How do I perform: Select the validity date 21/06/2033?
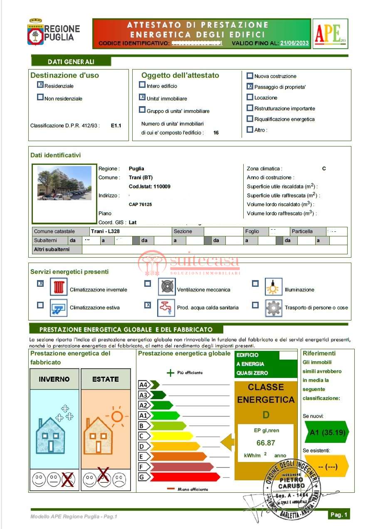[x=294, y=43]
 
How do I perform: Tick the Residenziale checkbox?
[x=40, y=85]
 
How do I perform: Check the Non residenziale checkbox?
[x=40, y=97]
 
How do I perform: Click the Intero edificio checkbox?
[x=143, y=85]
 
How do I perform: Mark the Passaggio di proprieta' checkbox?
[x=250, y=87]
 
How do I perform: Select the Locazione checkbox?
[x=250, y=97]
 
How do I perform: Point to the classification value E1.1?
[x=116, y=125]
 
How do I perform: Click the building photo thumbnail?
[x=64, y=183]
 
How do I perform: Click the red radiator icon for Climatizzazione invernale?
[x=59, y=287]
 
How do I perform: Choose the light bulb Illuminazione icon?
[x=273, y=287]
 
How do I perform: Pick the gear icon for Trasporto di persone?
[x=273, y=308]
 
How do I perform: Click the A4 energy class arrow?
[x=149, y=385]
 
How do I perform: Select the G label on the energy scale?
[x=142, y=477]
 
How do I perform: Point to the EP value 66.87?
[x=266, y=443]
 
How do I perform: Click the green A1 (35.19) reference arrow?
[x=327, y=432]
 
